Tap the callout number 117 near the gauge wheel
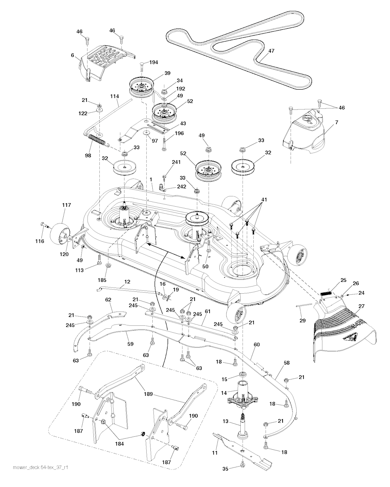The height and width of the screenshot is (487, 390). point(67,205)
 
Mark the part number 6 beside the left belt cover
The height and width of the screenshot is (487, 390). point(72,55)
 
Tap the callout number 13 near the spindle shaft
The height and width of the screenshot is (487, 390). point(225,421)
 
